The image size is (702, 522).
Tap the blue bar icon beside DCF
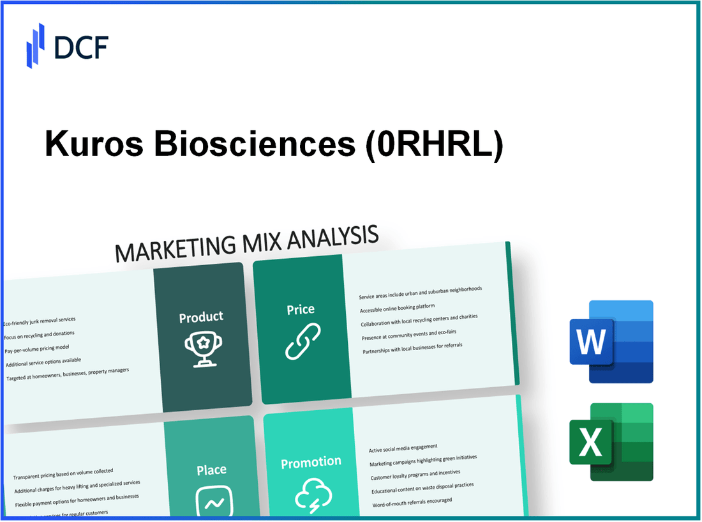[35, 46]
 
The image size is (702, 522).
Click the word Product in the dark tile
[201, 317]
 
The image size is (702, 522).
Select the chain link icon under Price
[302, 341]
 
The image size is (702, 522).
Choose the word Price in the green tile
[301, 309]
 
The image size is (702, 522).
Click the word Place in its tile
[211, 470]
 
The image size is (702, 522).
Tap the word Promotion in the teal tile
[311, 462]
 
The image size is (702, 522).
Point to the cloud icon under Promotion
[313, 496]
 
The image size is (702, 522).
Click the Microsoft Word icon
[611, 341]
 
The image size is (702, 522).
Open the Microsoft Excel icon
[611, 441]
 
